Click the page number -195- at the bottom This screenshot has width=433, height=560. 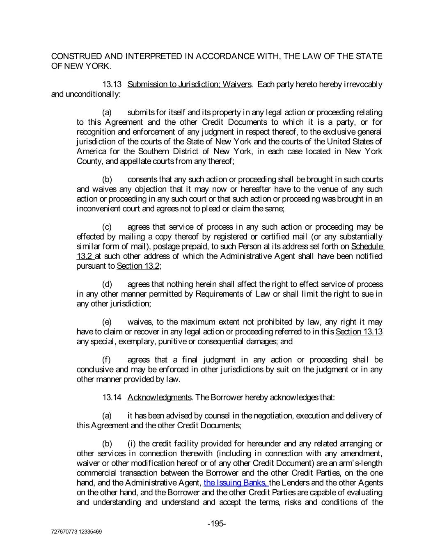pyautogui.click(x=217, y=523)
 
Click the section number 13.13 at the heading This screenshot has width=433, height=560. pyautogui.click(x=112, y=85)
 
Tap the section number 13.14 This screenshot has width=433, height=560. pyautogui.click(x=112, y=398)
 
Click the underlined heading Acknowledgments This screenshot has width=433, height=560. pyautogui.click(x=159, y=398)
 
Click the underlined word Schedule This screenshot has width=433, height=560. pyautogui.click(x=367, y=247)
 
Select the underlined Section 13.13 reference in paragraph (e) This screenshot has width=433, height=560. pyautogui.click(x=359, y=332)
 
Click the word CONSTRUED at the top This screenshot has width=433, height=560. pyautogui.click(x=76, y=57)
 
